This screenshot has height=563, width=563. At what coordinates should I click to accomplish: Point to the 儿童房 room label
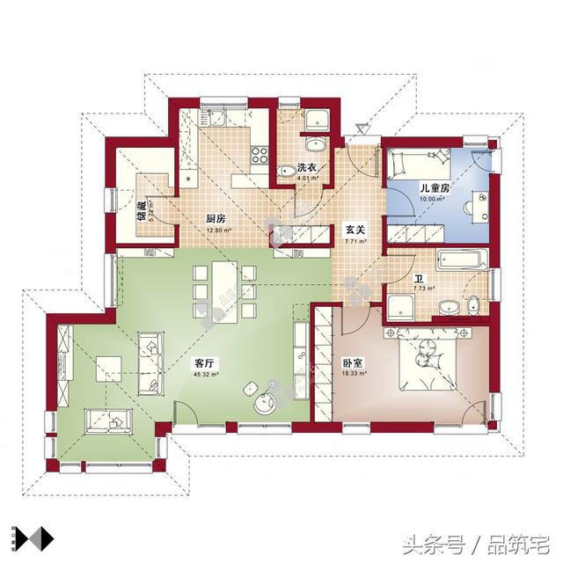pyautogui.click(x=435, y=187)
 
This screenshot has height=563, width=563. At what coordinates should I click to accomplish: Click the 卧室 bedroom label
pyautogui.click(x=354, y=362)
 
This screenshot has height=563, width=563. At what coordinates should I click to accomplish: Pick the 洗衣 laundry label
pyautogui.click(x=306, y=167)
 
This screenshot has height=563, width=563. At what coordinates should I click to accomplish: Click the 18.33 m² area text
pyautogui.click(x=354, y=373)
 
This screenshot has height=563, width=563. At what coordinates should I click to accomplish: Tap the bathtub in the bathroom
pyautogui.click(x=461, y=260)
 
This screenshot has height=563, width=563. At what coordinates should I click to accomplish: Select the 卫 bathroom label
pyautogui.click(x=419, y=279)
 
